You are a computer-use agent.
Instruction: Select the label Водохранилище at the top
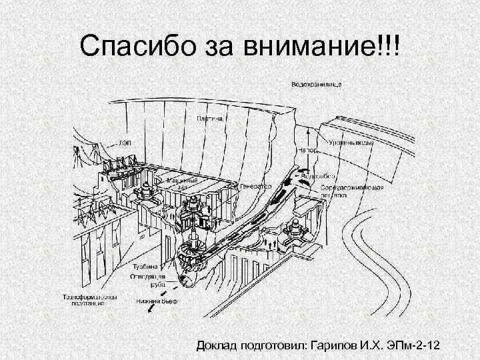click(317, 85)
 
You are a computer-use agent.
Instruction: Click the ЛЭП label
click(125, 143)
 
